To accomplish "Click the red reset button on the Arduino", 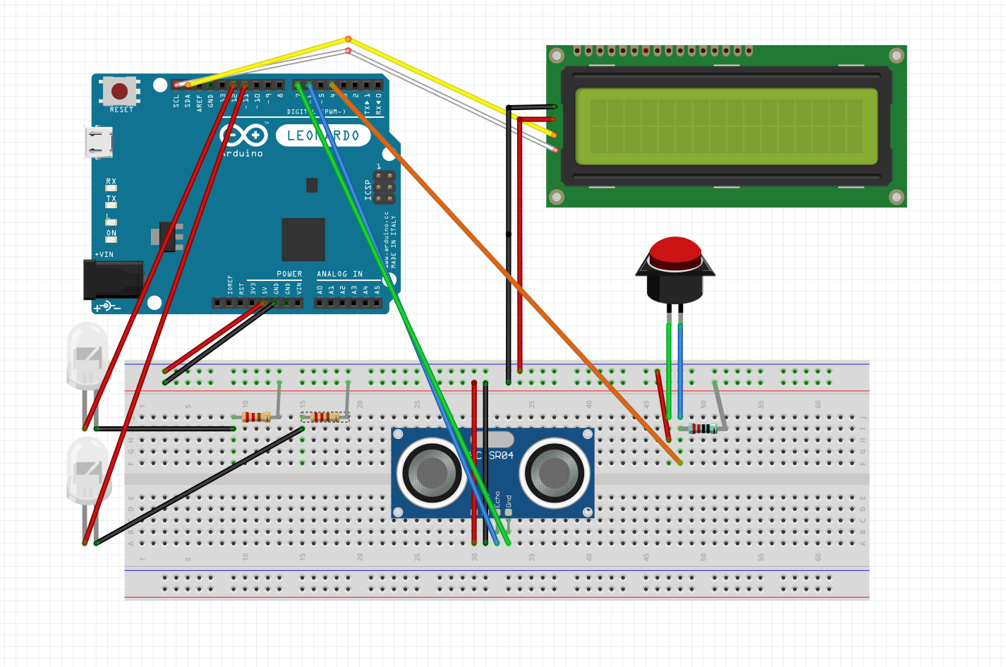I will coord(120,91).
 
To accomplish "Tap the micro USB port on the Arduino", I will coord(99,142).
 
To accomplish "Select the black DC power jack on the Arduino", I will coord(112,280).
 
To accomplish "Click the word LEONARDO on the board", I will coord(323,136).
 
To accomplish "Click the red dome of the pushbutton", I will coord(675,252).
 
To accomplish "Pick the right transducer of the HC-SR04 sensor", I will coord(554,472).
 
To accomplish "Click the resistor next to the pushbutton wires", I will coord(703,428).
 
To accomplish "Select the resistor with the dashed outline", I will coord(325,417).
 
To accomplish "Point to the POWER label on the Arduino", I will coord(289,274).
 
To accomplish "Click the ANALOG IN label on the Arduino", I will coord(339,274).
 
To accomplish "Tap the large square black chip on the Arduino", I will coord(303,239).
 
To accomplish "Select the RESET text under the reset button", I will coord(121,110).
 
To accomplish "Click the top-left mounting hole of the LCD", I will coord(557,56).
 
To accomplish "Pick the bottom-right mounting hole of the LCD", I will coord(896,197).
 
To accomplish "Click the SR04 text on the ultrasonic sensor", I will coord(501,455).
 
